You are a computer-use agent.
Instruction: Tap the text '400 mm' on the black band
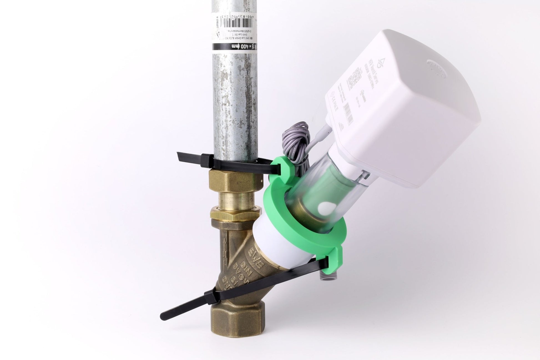(234, 46)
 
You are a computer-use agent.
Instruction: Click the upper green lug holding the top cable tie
(281, 168)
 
